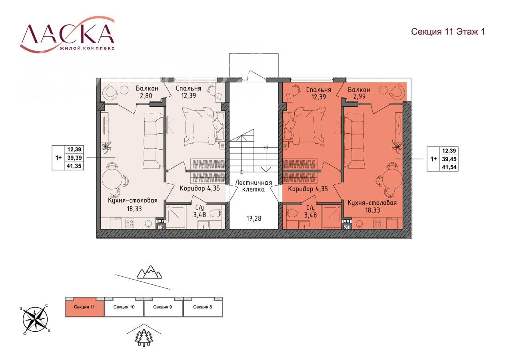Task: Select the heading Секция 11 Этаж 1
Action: coord(448,32)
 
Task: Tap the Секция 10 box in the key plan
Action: coord(124,307)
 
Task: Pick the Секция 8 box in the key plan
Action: coord(202,307)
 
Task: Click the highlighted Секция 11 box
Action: coord(84,307)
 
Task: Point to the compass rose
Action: coord(35,319)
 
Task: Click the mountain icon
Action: coord(149,272)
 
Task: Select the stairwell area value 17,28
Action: coord(254,219)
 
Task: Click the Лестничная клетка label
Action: coord(254,186)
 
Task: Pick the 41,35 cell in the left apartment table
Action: coord(74,166)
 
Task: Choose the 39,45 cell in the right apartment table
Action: coord(449,159)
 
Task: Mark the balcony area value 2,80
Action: coord(146,96)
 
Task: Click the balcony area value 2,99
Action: coord(359,96)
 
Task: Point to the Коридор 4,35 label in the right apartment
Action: coord(308,189)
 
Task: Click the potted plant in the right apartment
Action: coord(397,145)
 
